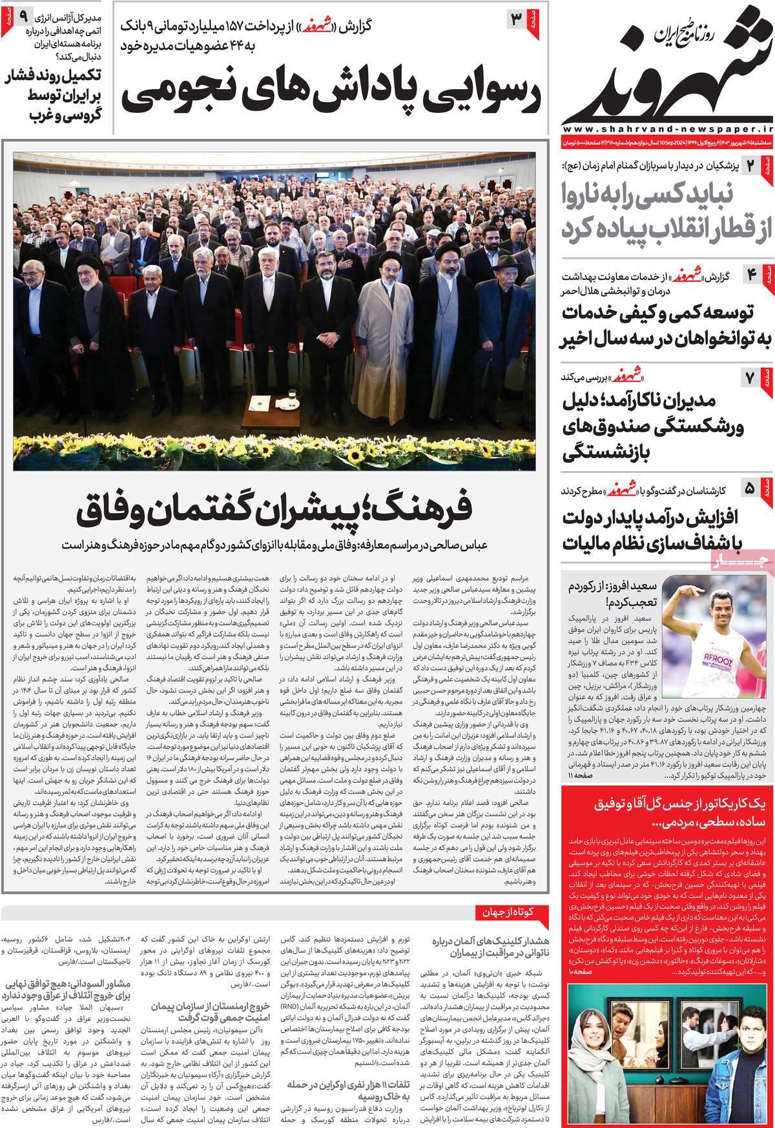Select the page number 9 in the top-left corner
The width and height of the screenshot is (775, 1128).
23,14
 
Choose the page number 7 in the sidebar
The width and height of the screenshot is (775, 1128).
750,378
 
